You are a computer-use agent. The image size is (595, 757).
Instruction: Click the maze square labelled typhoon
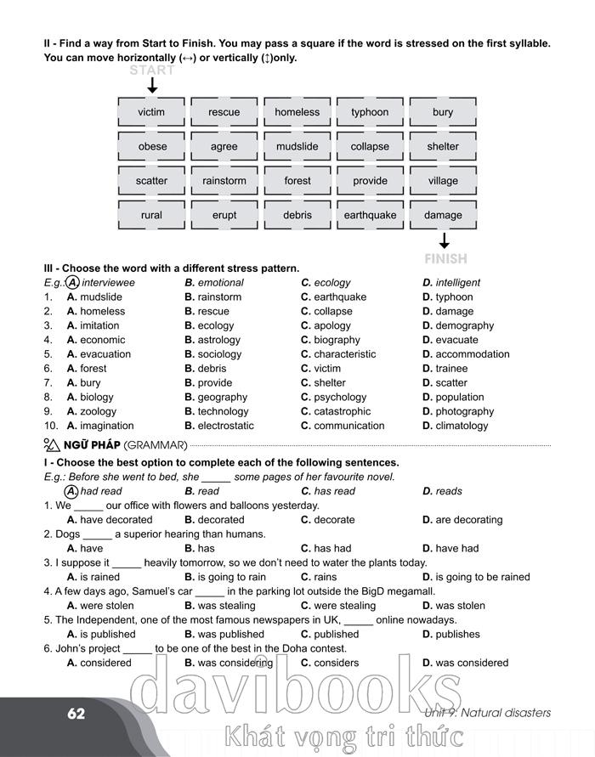pyautogui.click(x=370, y=112)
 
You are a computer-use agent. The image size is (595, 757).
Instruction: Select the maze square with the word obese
pyautogui.click(x=152, y=146)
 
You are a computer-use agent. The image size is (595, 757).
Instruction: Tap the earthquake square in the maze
pyautogui.click(x=370, y=215)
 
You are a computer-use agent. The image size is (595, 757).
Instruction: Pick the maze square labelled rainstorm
pyautogui.click(x=224, y=181)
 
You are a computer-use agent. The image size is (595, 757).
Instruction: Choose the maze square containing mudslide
pyautogui.click(x=297, y=146)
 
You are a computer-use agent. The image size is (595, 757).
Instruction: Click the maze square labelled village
pyautogui.click(x=443, y=181)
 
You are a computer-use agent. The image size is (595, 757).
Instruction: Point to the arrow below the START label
pyautogui.click(x=152, y=86)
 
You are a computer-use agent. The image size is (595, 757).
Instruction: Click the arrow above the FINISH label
pyautogui.click(x=444, y=240)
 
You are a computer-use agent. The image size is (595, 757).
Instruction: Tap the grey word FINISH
pyautogui.click(x=445, y=258)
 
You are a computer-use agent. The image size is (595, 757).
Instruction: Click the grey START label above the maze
pyautogui.click(x=152, y=71)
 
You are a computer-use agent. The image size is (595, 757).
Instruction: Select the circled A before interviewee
pyautogui.click(x=72, y=282)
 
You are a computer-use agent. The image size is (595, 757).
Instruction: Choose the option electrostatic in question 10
pyautogui.click(x=225, y=426)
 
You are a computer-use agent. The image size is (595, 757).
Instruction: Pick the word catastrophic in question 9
pyautogui.click(x=342, y=411)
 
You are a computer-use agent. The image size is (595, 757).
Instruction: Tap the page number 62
pyautogui.click(x=76, y=714)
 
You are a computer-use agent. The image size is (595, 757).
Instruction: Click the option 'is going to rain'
pyautogui.click(x=231, y=577)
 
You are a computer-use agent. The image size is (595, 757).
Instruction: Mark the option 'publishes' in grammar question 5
pyautogui.click(x=457, y=634)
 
